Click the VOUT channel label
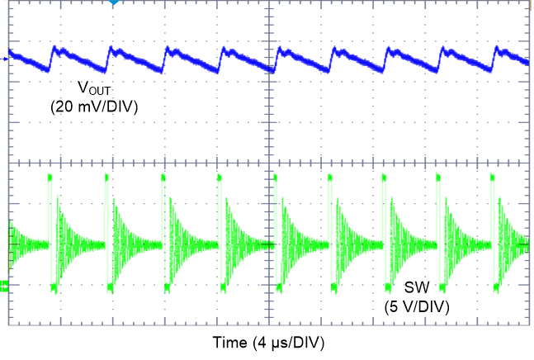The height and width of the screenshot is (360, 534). click(x=92, y=88)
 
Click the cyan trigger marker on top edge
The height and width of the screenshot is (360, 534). click(x=114, y=3)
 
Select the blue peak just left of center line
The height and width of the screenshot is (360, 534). click(x=223, y=50)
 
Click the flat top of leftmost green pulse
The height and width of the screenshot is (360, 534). click(x=51, y=177)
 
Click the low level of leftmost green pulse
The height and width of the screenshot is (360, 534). click(x=54, y=287)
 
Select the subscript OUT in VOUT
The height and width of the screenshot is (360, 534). click(x=98, y=91)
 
